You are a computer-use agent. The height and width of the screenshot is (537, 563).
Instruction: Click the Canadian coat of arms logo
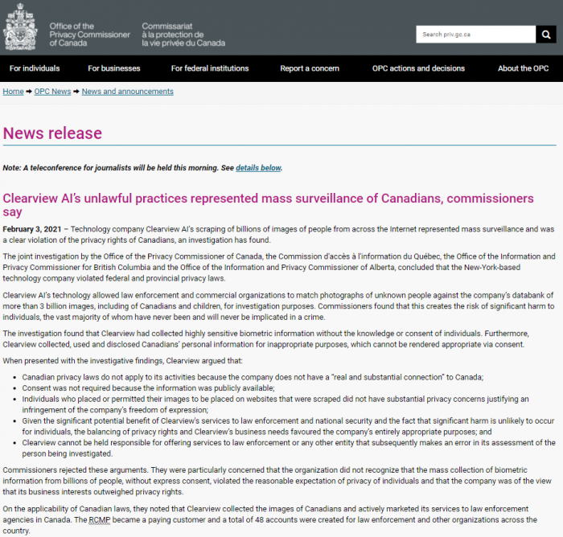[x=20, y=28]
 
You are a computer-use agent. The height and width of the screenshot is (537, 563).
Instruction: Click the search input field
[x=475, y=35]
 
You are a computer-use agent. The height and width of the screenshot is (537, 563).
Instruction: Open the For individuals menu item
[x=35, y=68]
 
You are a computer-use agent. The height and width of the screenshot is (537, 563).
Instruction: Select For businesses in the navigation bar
[x=114, y=68]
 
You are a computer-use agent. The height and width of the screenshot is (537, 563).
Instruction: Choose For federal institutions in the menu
[x=210, y=68]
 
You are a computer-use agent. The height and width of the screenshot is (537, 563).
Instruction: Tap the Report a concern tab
[x=310, y=68]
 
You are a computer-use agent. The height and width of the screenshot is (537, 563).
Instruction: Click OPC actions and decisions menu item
[x=418, y=68]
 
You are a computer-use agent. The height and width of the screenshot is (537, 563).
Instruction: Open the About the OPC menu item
[x=523, y=68]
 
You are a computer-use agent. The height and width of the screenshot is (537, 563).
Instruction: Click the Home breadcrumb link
[x=13, y=92]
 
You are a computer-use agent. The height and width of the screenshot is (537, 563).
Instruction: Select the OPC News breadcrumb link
[x=52, y=92]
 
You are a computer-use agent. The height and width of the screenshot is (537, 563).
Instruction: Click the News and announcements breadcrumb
[x=127, y=92]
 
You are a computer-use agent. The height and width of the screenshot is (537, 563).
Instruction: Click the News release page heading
[x=52, y=133]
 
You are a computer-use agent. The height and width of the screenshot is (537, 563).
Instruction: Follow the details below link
[x=258, y=168]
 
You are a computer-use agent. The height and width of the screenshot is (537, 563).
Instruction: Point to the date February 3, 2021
[x=31, y=229]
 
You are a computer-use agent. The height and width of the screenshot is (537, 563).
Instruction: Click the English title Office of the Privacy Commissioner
[x=88, y=35]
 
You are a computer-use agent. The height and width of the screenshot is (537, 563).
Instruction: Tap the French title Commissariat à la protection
[x=183, y=35]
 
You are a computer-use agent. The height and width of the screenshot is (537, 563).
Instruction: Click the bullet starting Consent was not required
[x=148, y=387]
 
